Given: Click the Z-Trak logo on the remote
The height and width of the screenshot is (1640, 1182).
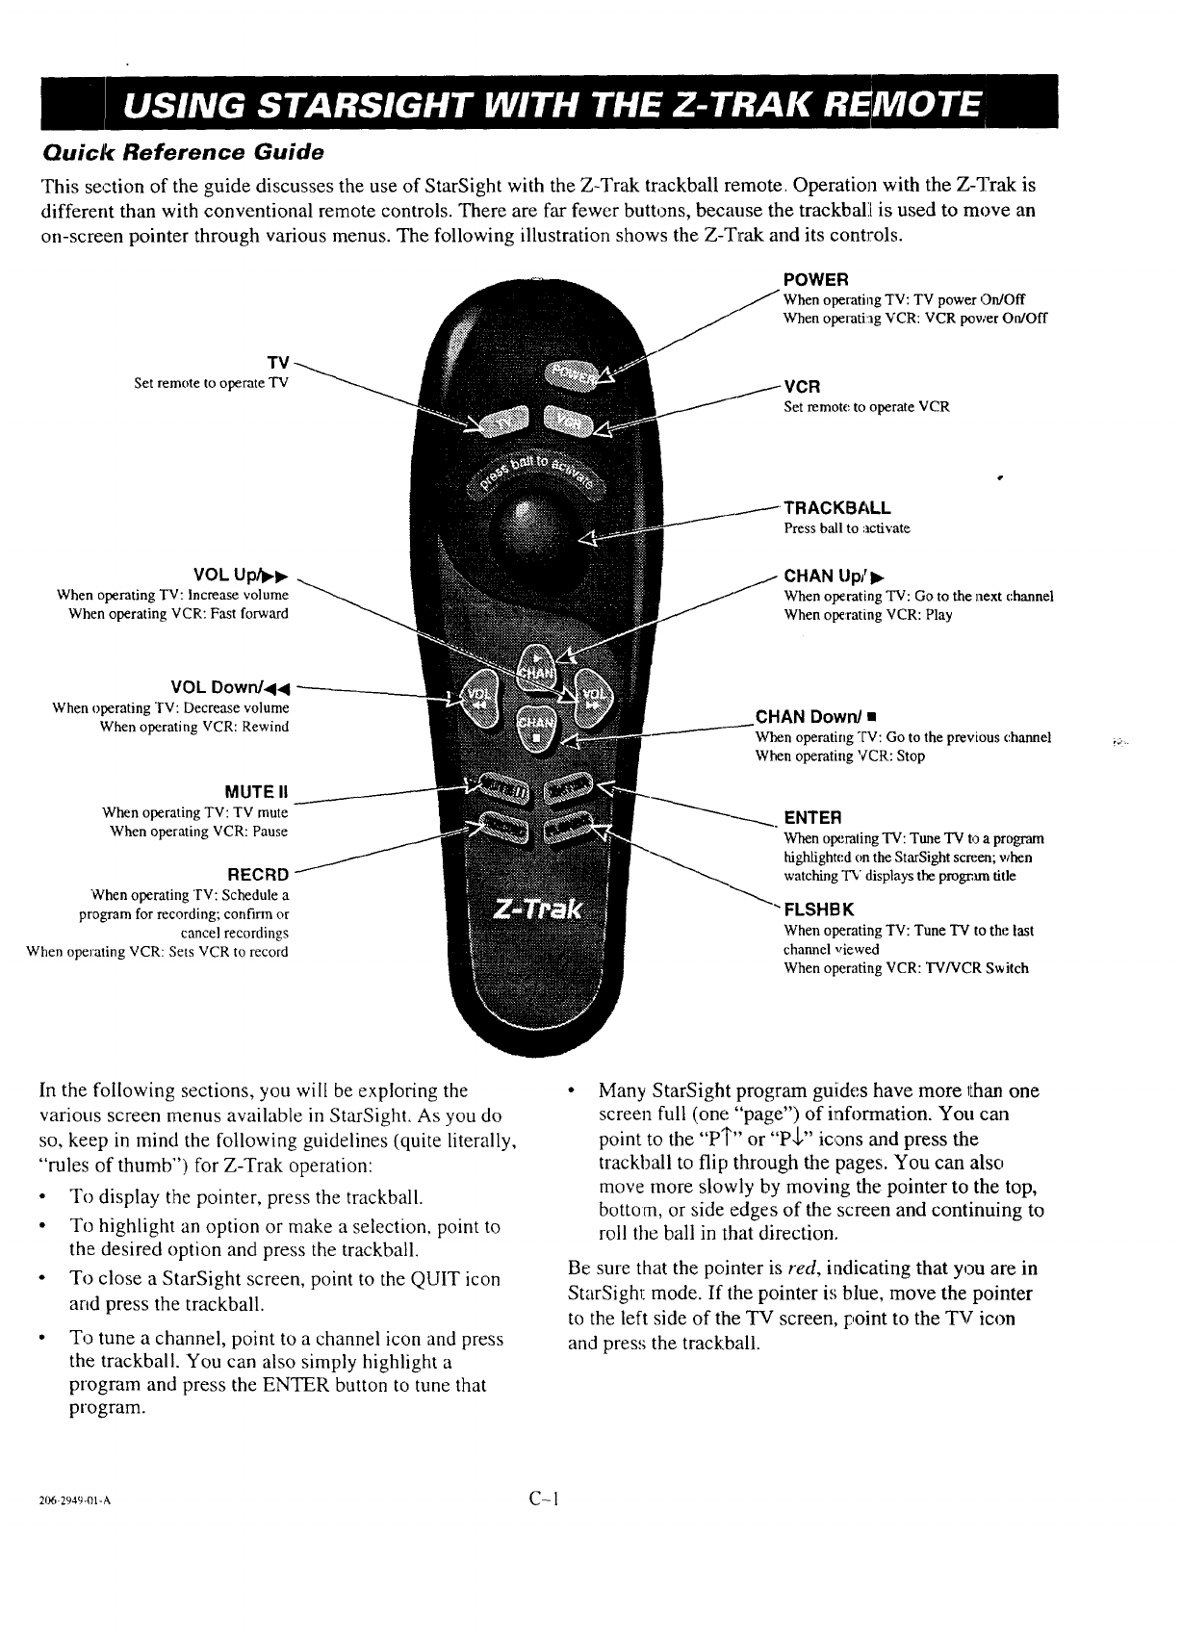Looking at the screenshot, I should (x=534, y=909).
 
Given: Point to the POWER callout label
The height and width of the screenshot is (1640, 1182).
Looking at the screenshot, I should (x=815, y=280).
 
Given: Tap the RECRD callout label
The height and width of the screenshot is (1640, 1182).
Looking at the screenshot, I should (x=257, y=874).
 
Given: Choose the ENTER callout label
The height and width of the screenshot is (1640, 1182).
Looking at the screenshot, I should (x=813, y=818).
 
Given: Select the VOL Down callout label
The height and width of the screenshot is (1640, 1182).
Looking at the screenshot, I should (x=229, y=687).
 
